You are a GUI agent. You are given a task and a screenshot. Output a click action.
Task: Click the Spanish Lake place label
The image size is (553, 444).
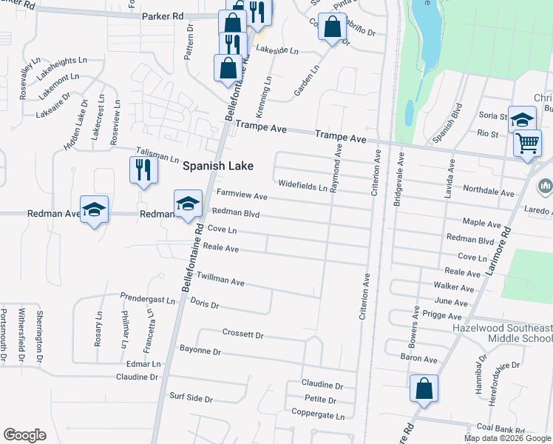click(218, 166)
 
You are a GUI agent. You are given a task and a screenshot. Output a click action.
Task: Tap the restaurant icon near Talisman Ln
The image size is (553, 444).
click(140, 170)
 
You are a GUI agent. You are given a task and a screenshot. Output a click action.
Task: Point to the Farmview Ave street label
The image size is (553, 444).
click(241, 196)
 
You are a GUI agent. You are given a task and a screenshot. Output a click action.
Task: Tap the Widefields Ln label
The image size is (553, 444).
click(303, 186)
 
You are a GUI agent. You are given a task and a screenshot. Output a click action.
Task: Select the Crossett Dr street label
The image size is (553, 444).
click(242, 335)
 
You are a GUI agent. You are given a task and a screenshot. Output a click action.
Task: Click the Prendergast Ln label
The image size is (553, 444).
click(148, 300)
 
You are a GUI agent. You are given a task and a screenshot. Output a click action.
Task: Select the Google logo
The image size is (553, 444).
click(24, 435)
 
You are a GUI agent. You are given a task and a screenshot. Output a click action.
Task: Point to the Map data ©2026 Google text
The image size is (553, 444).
click(506, 438)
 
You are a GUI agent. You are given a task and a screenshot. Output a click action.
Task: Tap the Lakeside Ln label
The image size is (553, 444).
click(276, 51)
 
